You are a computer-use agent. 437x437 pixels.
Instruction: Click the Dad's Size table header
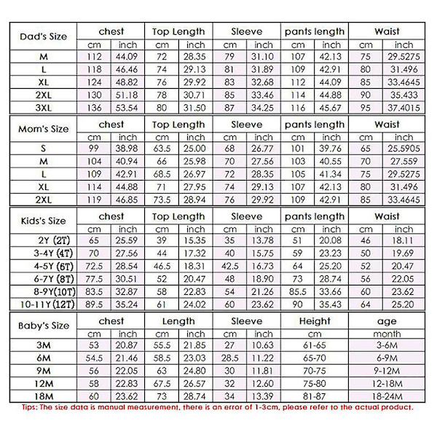[43, 36]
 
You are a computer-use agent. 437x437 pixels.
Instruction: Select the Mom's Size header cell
[43, 129]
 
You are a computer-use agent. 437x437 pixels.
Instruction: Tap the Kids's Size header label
[43, 221]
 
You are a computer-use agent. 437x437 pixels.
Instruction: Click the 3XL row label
[43, 106]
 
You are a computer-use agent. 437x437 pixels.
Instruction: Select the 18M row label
[43, 395]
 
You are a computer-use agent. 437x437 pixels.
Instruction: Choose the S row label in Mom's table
[43, 148]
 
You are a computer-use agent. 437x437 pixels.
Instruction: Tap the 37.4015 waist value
[403, 106]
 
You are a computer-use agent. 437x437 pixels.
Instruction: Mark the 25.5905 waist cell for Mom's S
[403, 148]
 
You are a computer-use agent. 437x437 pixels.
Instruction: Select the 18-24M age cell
[387, 395]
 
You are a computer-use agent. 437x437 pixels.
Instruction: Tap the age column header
[387, 321]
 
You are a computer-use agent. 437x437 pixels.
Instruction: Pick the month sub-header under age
[387, 334]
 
